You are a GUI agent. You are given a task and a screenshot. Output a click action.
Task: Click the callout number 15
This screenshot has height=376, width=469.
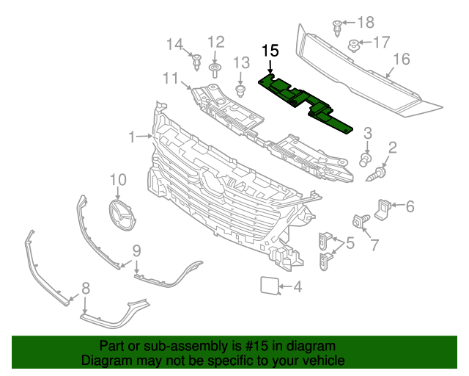click(270, 51)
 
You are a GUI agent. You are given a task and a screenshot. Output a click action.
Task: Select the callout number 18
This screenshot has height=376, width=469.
click(365, 22)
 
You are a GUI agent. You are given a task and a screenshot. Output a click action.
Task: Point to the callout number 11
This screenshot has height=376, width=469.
click(170, 77)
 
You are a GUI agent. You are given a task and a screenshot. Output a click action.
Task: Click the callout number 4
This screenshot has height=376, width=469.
click(297, 286)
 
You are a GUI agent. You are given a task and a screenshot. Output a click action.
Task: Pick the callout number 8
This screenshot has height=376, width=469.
click(86, 288)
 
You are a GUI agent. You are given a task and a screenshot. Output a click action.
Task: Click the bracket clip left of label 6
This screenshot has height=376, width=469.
click(383, 209)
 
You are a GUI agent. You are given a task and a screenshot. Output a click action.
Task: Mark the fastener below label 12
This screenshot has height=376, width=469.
click(215, 70)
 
